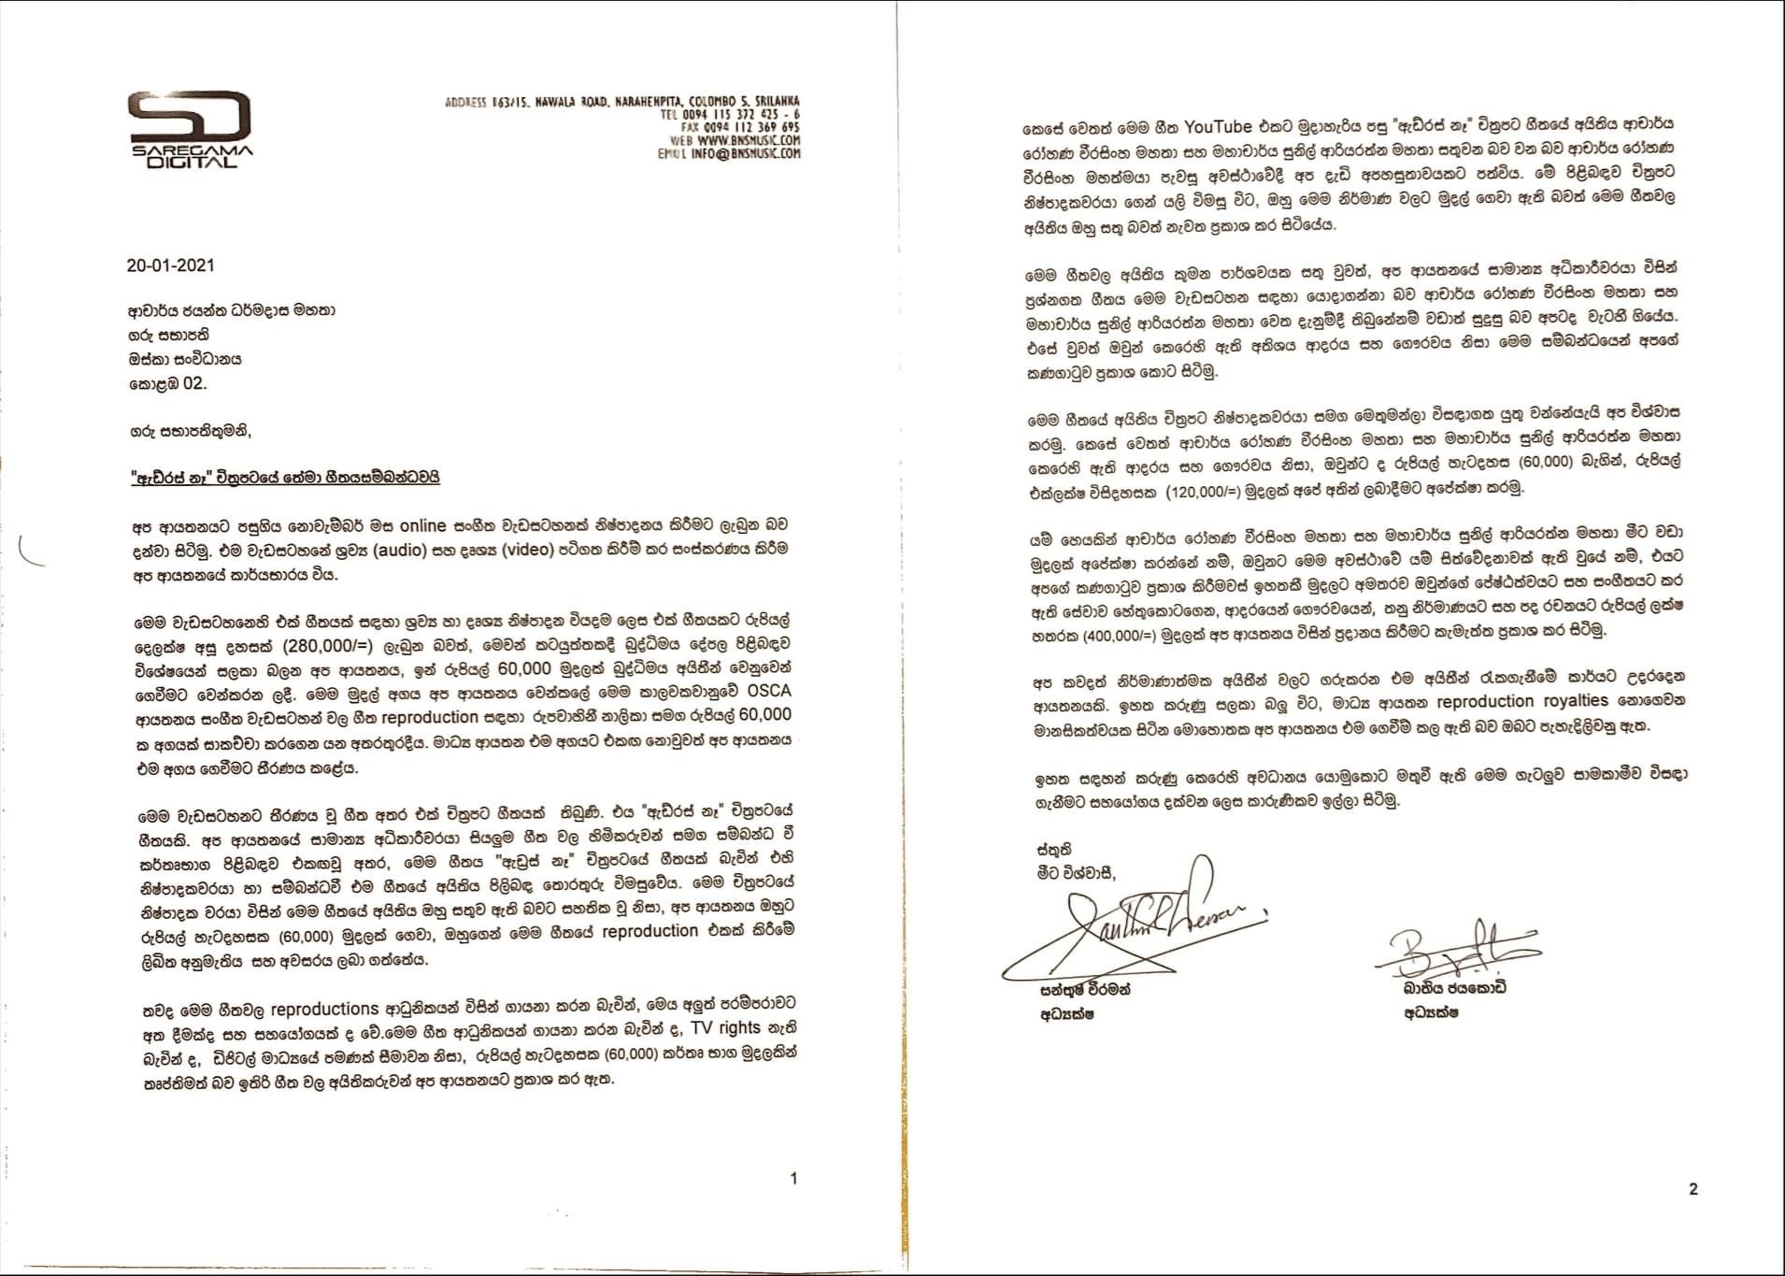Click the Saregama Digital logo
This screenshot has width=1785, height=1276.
pos(190,129)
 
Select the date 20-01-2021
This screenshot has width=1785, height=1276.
pos(170,265)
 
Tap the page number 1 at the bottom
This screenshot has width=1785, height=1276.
pos(793,1179)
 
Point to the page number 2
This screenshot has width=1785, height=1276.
pos(1693,1189)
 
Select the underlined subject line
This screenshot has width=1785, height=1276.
pos(284,478)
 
